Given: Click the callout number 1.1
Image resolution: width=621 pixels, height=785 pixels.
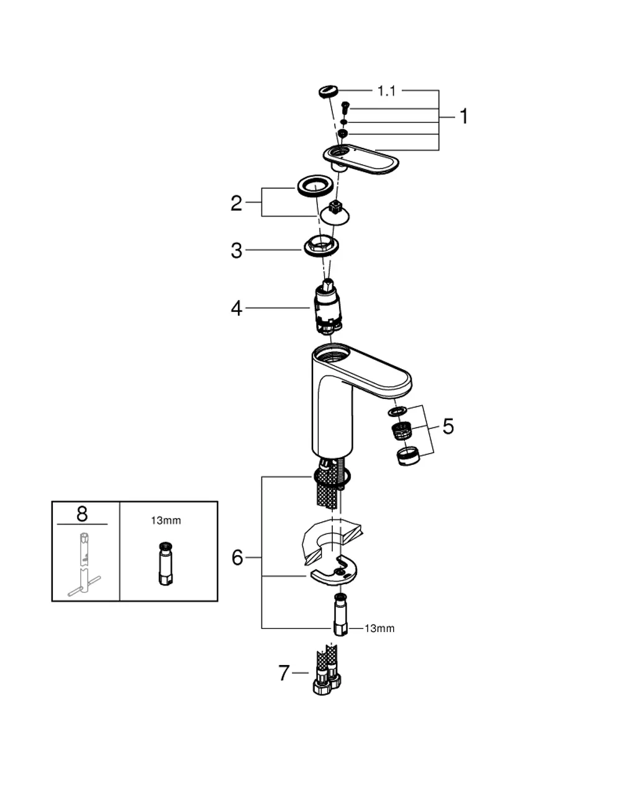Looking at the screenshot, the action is pyautogui.click(x=386, y=91).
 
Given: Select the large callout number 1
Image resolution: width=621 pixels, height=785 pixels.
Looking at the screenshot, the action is pyautogui.click(x=463, y=116).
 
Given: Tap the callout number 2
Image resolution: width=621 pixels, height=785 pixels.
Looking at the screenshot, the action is pyautogui.click(x=236, y=203).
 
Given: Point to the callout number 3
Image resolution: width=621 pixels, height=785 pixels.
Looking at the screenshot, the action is pyautogui.click(x=237, y=251).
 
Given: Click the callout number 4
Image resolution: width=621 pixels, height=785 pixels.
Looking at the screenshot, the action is pyautogui.click(x=237, y=309).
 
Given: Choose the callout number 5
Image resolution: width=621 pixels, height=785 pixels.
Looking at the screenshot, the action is pyautogui.click(x=448, y=426).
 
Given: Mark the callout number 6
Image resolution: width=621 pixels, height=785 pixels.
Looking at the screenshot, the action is pyautogui.click(x=237, y=558).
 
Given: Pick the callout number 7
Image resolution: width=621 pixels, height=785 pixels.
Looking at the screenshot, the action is pyautogui.click(x=284, y=673).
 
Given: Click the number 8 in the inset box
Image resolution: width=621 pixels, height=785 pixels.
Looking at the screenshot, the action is pyautogui.click(x=82, y=514).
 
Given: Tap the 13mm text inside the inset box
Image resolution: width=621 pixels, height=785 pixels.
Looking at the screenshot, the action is pyautogui.click(x=166, y=521).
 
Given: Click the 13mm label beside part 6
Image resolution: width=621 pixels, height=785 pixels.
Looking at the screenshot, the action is pyautogui.click(x=379, y=628).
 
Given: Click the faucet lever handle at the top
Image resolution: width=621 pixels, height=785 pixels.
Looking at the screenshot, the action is pyautogui.click(x=361, y=158).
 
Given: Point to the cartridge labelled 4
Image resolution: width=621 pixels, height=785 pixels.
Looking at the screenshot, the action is pyautogui.click(x=328, y=307).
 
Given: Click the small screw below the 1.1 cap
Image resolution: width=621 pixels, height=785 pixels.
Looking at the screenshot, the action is pyautogui.click(x=345, y=108).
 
